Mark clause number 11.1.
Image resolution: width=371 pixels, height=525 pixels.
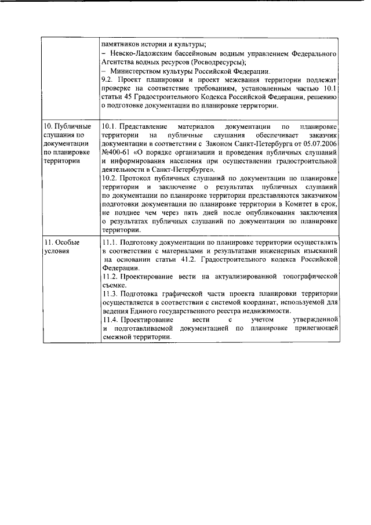pyautogui.click(x=108, y=242)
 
